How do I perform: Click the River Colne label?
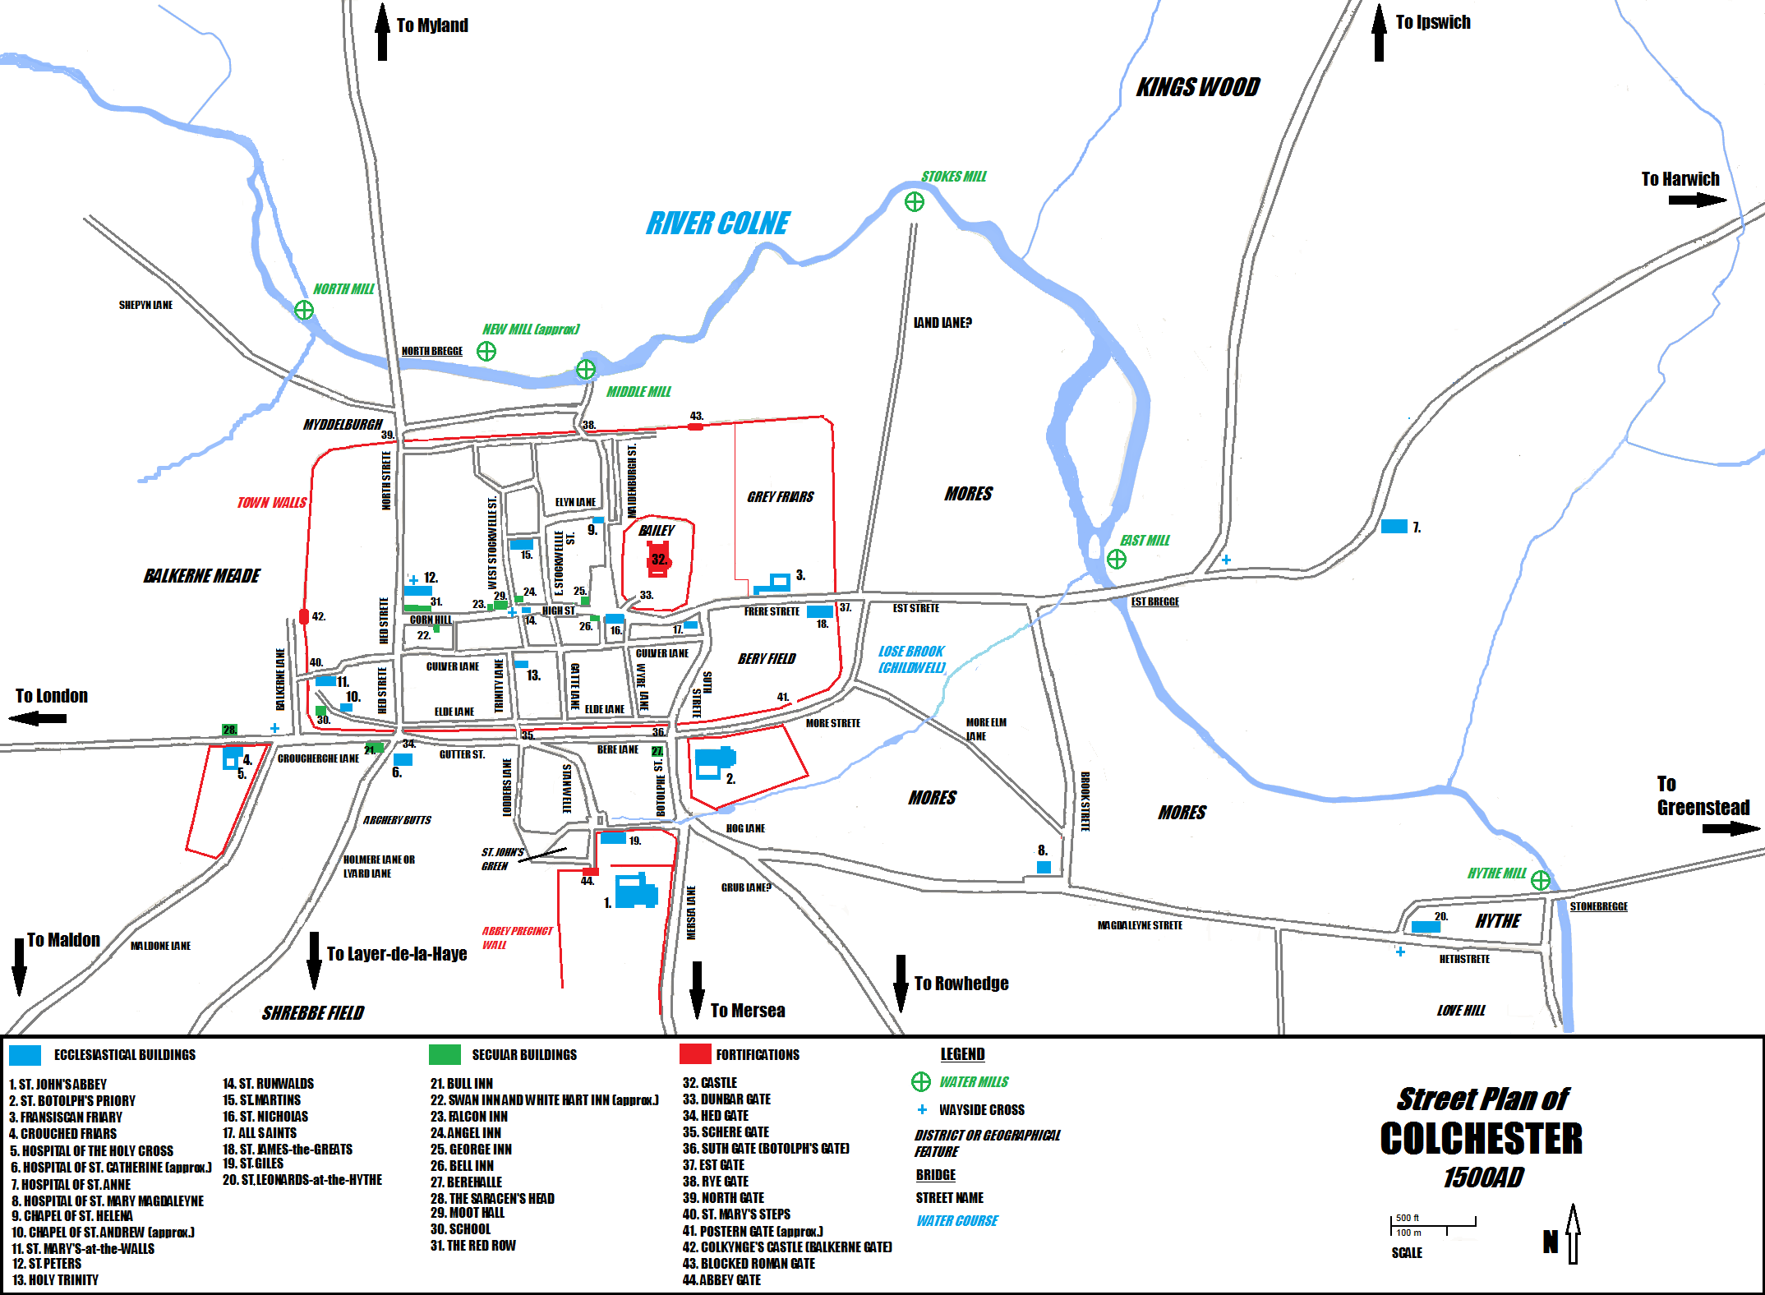pyautogui.click(x=717, y=224)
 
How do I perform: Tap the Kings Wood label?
pyautogui.click(x=1197, y=87)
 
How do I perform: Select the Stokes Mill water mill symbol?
pyautogui.click(x=914, y=202)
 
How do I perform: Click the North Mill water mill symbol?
pyautogui.click(x=304, y=310)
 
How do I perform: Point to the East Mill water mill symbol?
pyautogui.click(x=1116, y=560)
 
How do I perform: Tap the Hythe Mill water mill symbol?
pyautogui.click(x=1540, y=881)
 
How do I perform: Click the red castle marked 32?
pyautogui.click(x=659, y=560)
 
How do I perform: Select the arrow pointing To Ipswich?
pyautogui.click(x=1379, y=33)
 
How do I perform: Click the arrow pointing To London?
pyautogui.click(x=38, y=719)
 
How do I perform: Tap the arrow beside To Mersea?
pyautogui.click(x=697, y=989)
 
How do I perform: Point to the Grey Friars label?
pyautogui.click(x=780, y=497)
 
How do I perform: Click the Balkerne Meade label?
pyautogui.click(x=201, y=576)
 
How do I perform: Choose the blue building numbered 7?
pyautogui.click(x=1394, y=527)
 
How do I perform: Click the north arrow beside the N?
pyautogui.click(x=1573, y=1233)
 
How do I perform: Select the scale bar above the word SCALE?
pyautogui.click(x=1433, y=1225)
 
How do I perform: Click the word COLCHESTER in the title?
pyautogui.click(x=1481, y=1139)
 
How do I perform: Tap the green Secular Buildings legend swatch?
pyautogui.click(x=445, y=1054)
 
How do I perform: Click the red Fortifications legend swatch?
pyautogui.click(x=694, y=1054)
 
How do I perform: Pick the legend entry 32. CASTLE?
pyautogui.click(x=710, y=1083)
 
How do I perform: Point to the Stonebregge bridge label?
pyautogui.click(x=1598, y=906)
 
